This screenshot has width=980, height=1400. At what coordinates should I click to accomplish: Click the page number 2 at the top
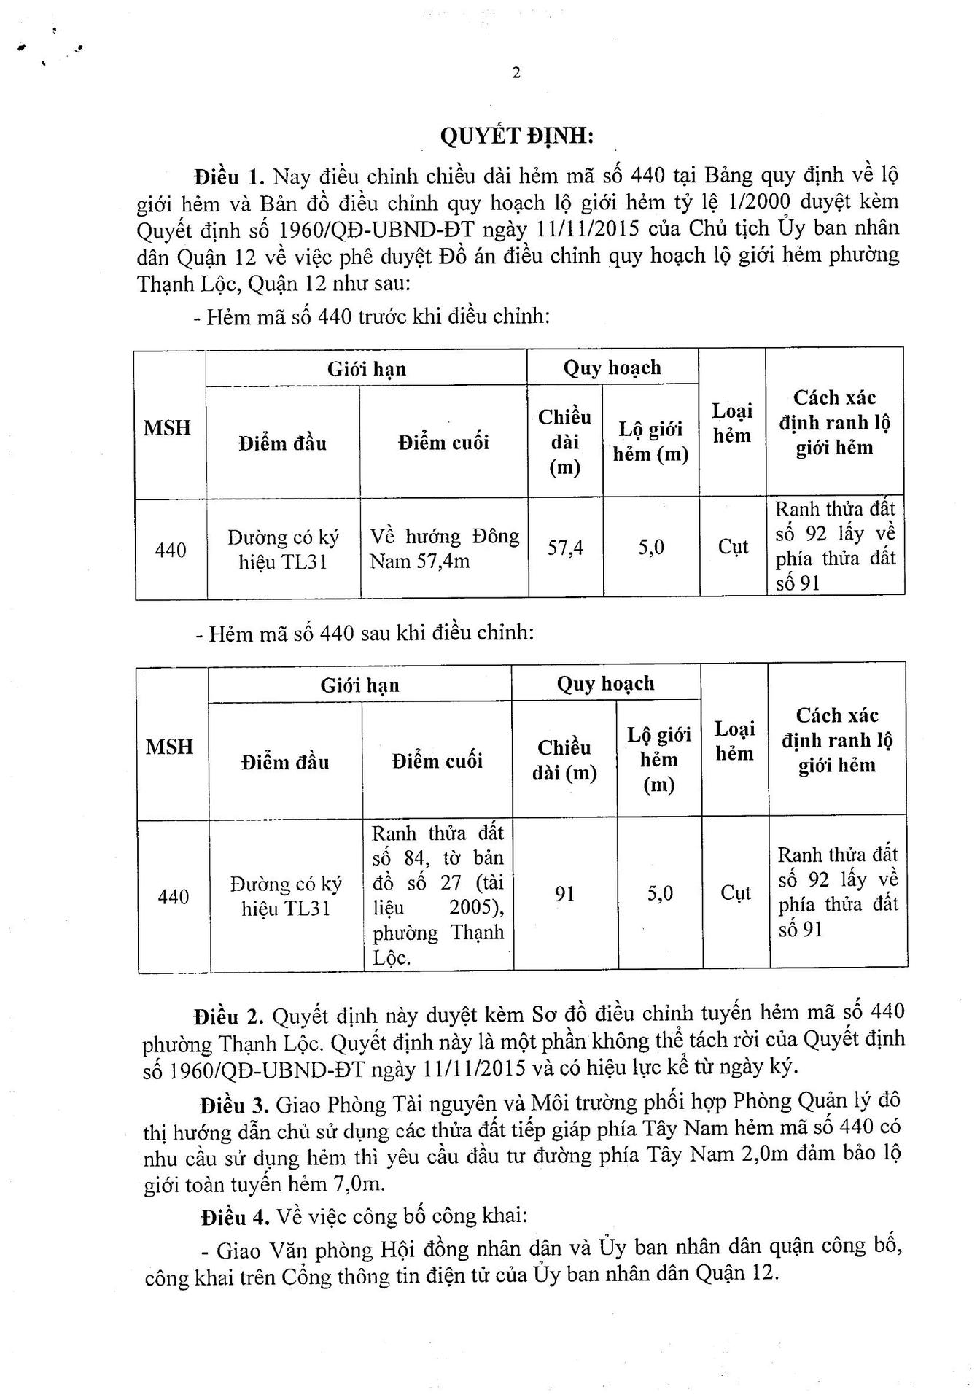[516, 73]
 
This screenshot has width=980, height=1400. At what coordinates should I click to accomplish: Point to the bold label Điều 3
[235, 1104]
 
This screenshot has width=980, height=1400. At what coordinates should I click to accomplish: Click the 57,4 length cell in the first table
[565, 548]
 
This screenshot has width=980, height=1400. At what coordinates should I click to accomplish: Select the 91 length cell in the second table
[565, 893]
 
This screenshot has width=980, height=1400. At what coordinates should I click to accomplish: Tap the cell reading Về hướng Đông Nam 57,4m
[444, 549]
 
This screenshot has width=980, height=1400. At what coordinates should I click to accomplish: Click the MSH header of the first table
[168, 427]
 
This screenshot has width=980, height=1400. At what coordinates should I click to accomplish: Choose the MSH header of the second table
[170, 746]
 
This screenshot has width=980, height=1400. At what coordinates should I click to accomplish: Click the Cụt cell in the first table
[733, 547]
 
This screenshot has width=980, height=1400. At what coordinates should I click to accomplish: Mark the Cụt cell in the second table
[735, 893]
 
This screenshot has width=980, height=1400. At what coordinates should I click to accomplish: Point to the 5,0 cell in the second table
[660, 893]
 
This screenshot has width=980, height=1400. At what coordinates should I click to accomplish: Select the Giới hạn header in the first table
[367, 369]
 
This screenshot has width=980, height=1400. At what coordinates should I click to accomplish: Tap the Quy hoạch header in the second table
[605, 683]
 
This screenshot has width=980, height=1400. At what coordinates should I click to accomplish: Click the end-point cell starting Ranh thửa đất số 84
[437, 895]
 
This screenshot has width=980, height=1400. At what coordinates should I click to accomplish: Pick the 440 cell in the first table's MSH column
[171, 550]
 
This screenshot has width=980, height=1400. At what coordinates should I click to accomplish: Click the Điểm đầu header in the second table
[285, 762]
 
